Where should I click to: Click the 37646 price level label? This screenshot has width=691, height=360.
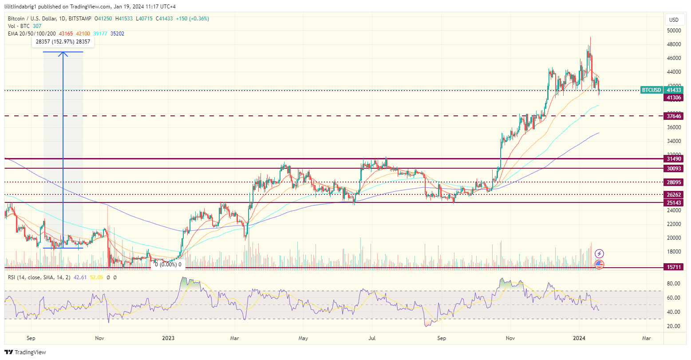pyautogui.click(x=674, y=116)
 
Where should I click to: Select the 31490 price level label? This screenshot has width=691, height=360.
pyautogui.click(x=674, y=159)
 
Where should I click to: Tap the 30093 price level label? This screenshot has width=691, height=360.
pyautogui.click(x=674, y=169)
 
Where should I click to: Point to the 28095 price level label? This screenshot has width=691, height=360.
pyautogui.click(x=674, y=182)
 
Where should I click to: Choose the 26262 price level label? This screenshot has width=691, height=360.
pyautogui.click(x=674, y=195)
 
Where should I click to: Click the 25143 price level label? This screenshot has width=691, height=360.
pyautogui.click(x=674, y=202)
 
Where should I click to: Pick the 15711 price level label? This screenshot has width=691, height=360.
pyautogui.click(x=674, y=267)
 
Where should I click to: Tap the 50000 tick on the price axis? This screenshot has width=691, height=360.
pyautogui.click(x=674, y=31)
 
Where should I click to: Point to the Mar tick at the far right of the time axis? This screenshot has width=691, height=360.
pyautogui.click(x=647, y=338)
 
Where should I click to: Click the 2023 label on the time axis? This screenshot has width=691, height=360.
pyautogui.click(x=169, y=338)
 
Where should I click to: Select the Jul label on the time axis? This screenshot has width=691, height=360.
pyautogui.click(x=372, y=338)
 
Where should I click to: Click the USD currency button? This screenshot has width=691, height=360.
pyautogui.click(x=674, y=20)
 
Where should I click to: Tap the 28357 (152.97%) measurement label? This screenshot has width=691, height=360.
pyautogui.click(x=63, y=42)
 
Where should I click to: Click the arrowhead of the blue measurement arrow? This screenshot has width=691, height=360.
pyautogui.click(x=63, y=54)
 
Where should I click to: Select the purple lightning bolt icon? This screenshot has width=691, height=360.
pyautogui.click(x=600, y=254)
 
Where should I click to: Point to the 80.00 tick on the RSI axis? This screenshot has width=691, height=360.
pyautogui.click(x=674, y=284)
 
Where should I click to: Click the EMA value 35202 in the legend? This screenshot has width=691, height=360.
pyautogui.click(x=117, y=33)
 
